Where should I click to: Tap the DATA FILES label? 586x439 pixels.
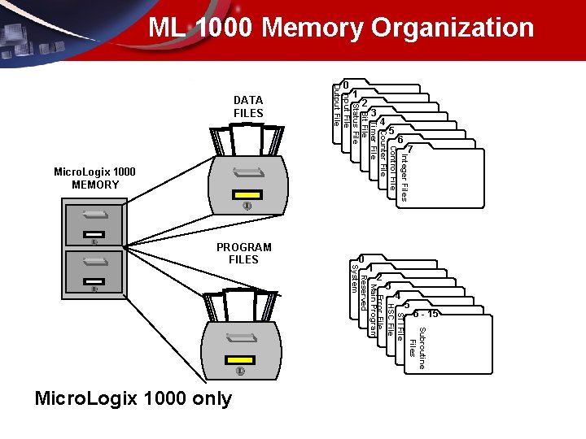248,106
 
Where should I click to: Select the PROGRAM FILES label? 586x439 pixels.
243,253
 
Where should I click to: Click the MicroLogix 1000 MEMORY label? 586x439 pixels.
94,178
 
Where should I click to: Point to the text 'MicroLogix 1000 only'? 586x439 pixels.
133,398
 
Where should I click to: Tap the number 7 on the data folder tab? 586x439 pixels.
411,150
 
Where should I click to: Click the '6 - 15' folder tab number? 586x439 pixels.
426,314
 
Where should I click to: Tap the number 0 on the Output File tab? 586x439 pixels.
345,85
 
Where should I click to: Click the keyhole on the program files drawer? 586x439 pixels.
239,372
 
